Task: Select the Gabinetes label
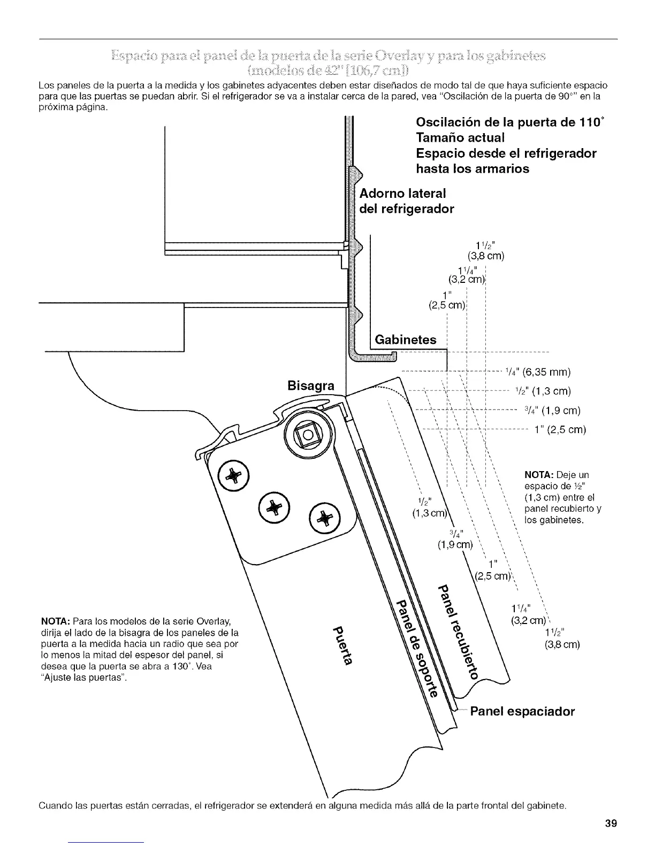(x=405, y=340)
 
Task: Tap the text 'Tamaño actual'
(x=460, y=138)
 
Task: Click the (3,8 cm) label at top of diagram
(x=486, y=255)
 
